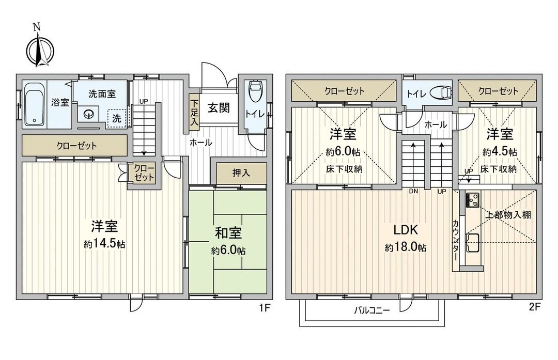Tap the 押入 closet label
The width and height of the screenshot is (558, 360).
point(241,173)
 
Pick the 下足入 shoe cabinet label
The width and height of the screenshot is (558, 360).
point(194,111)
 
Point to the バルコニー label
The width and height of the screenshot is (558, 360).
point(371,310)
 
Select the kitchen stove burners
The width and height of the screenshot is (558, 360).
point(472,199)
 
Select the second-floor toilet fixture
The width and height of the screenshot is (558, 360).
point(442,92)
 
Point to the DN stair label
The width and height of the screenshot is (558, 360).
point(413,191)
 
